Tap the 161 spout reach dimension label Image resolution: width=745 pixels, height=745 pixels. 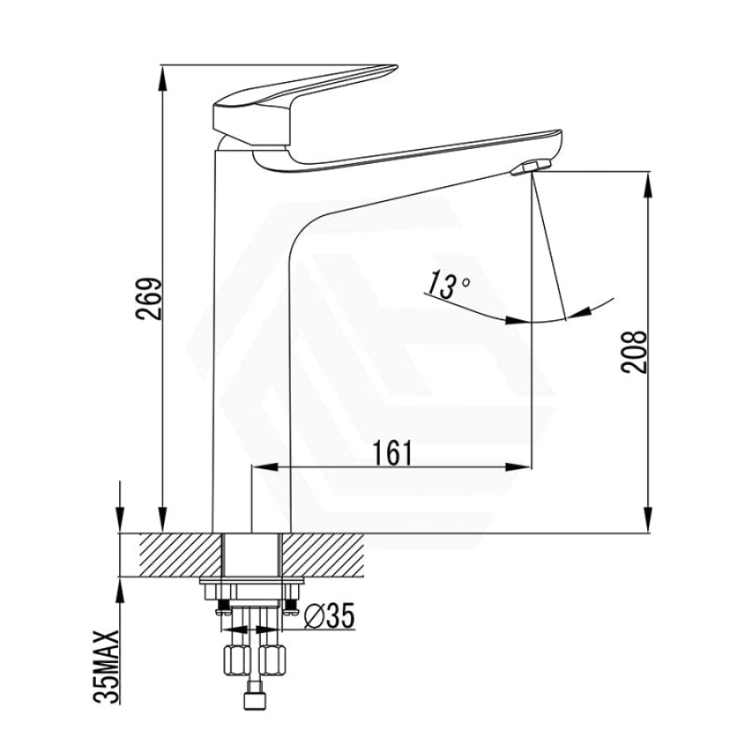(x=392, y=453)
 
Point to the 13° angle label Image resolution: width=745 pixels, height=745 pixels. (x=448, y=285)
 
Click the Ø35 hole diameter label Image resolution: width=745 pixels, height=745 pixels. (x=330, y=616)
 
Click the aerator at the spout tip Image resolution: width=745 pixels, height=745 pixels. (x=531, y=168)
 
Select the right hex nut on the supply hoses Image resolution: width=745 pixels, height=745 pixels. (x=273, y=659)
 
